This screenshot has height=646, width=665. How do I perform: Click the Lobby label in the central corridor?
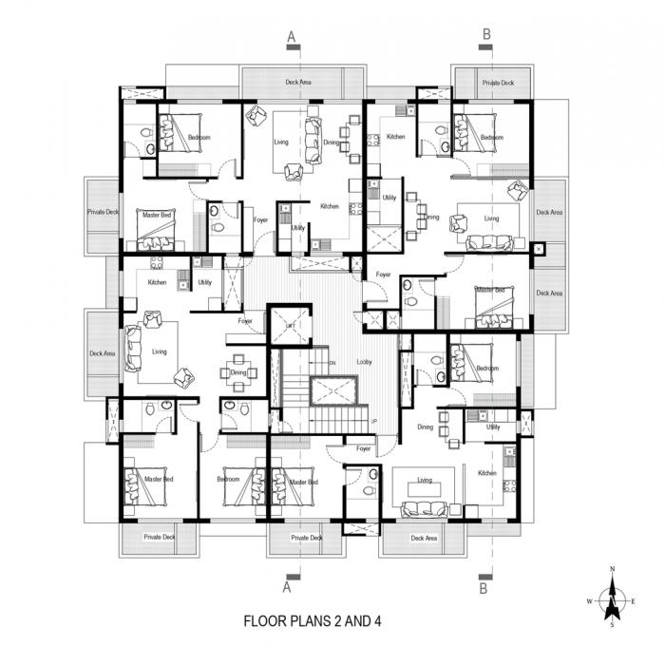coord(364,362)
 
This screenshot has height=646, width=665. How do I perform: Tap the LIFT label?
coord(291,326)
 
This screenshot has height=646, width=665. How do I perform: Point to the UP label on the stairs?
coord(373,421)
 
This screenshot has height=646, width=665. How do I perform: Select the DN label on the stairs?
coord(332,363)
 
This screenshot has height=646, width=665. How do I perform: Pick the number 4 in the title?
coord(377,623)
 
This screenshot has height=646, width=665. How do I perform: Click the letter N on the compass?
coord(613,568)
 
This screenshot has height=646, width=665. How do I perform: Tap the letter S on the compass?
coord(613,625)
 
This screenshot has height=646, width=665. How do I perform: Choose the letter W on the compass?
coord(590,601)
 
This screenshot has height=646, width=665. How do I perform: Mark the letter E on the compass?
coord(634,601)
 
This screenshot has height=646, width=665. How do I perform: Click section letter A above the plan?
coord(292,35)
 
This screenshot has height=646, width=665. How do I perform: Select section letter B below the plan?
coord(485,588)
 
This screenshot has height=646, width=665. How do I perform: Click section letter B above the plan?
coord(486,35)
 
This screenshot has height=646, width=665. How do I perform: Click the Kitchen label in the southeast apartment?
coord(487,472)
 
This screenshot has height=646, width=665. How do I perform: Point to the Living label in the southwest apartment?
coord(159,351)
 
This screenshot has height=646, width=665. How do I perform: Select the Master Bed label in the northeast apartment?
coord(490,290)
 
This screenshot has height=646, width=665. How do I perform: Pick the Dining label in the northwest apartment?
coord(330,142)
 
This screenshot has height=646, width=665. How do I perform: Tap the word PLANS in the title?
coord(313,623)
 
